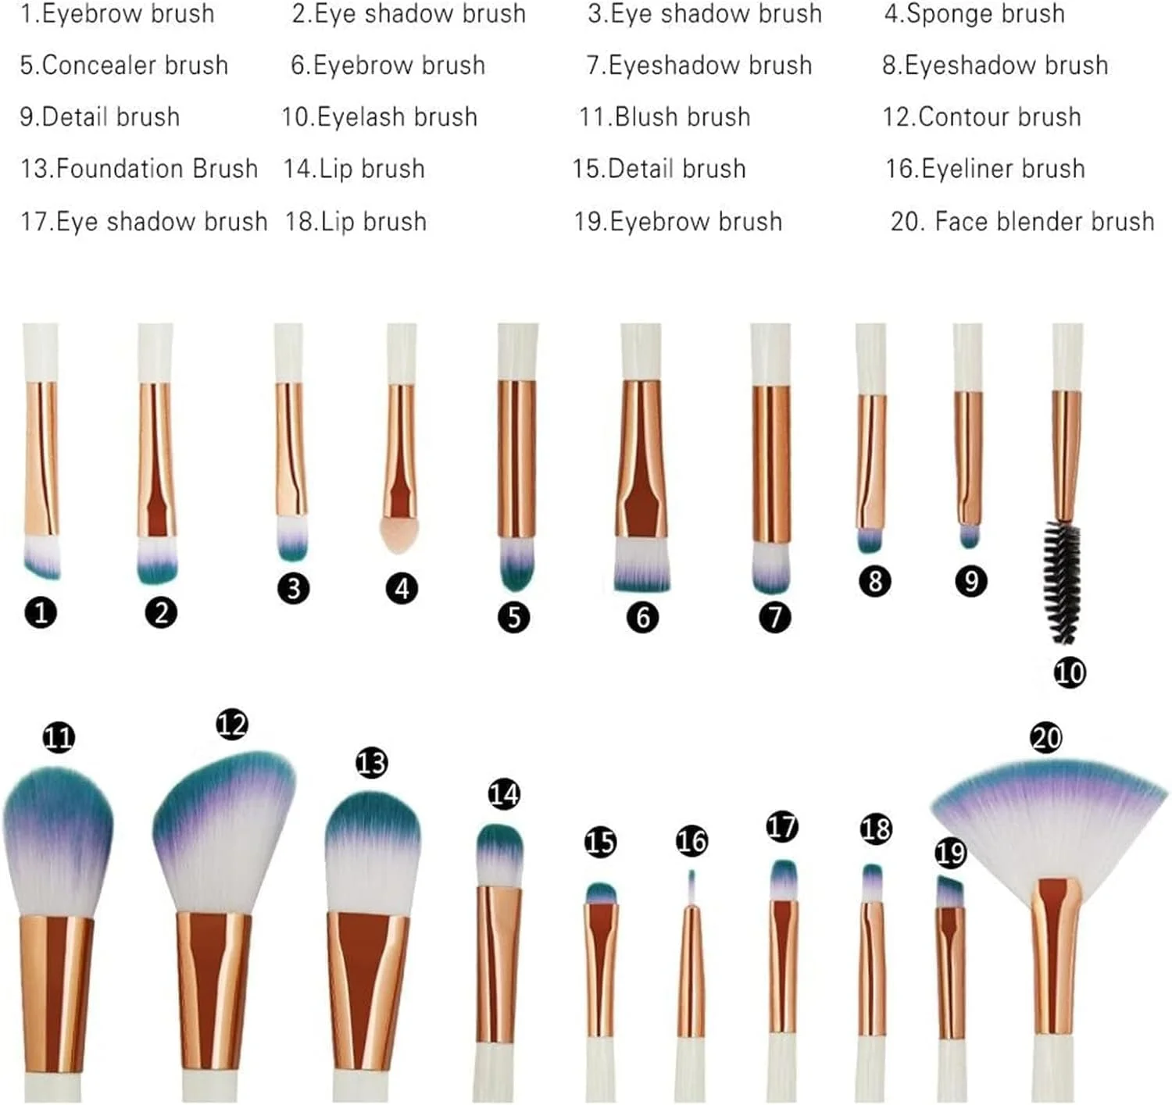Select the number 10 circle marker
(1070, 673)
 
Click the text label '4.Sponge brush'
(974, 14)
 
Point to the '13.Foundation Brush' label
(139, 169)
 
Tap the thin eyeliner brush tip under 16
(691, 887)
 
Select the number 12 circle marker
(232, 725)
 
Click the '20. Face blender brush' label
(1023, 222)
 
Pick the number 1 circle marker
(41, 613)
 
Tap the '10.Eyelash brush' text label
(380, 117)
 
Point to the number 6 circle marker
(643, 618)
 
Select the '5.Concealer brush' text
(124, 66)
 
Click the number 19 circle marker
(951, 853)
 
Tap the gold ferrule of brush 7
(770, 465)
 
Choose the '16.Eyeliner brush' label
(985, 169)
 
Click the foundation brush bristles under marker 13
(373, 854)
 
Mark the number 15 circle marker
(600, 842)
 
